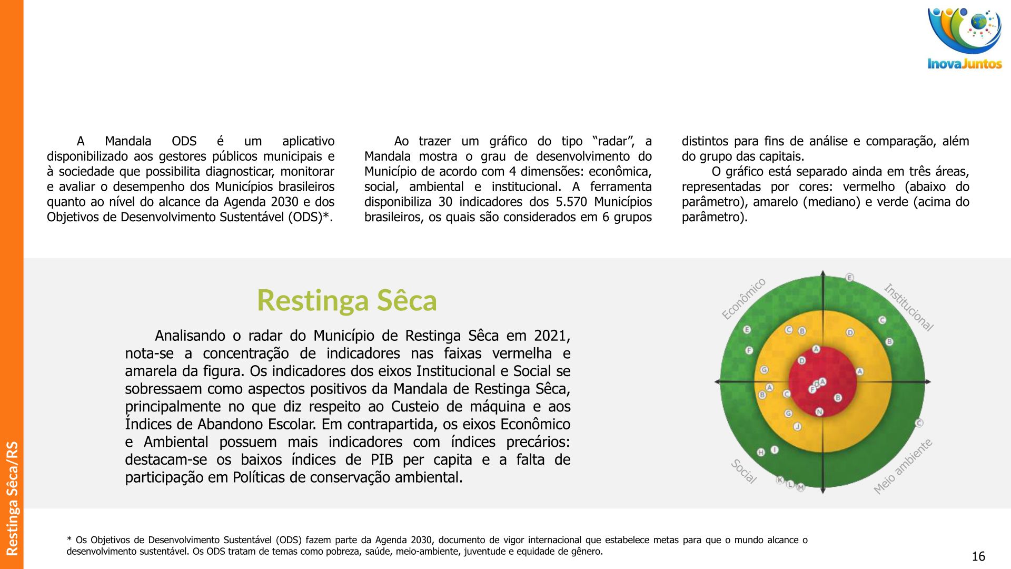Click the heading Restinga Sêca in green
click(346, 300)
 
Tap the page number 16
click(978, 556)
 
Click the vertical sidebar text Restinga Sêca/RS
click(12, 498)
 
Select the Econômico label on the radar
click(744, 299)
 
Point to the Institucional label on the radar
click(908, 307)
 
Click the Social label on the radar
click(744, 471)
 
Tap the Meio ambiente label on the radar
click(903, 466)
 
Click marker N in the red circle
click(819, 411)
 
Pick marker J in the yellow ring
click(797, 426)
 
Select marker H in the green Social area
click(761, 452)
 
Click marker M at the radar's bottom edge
click(800, 487)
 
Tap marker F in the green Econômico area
click(749, 350)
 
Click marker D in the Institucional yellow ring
click(850, 332)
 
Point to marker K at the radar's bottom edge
click(780, 480)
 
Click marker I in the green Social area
click(775, 449)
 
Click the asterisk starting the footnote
click(69, 540)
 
